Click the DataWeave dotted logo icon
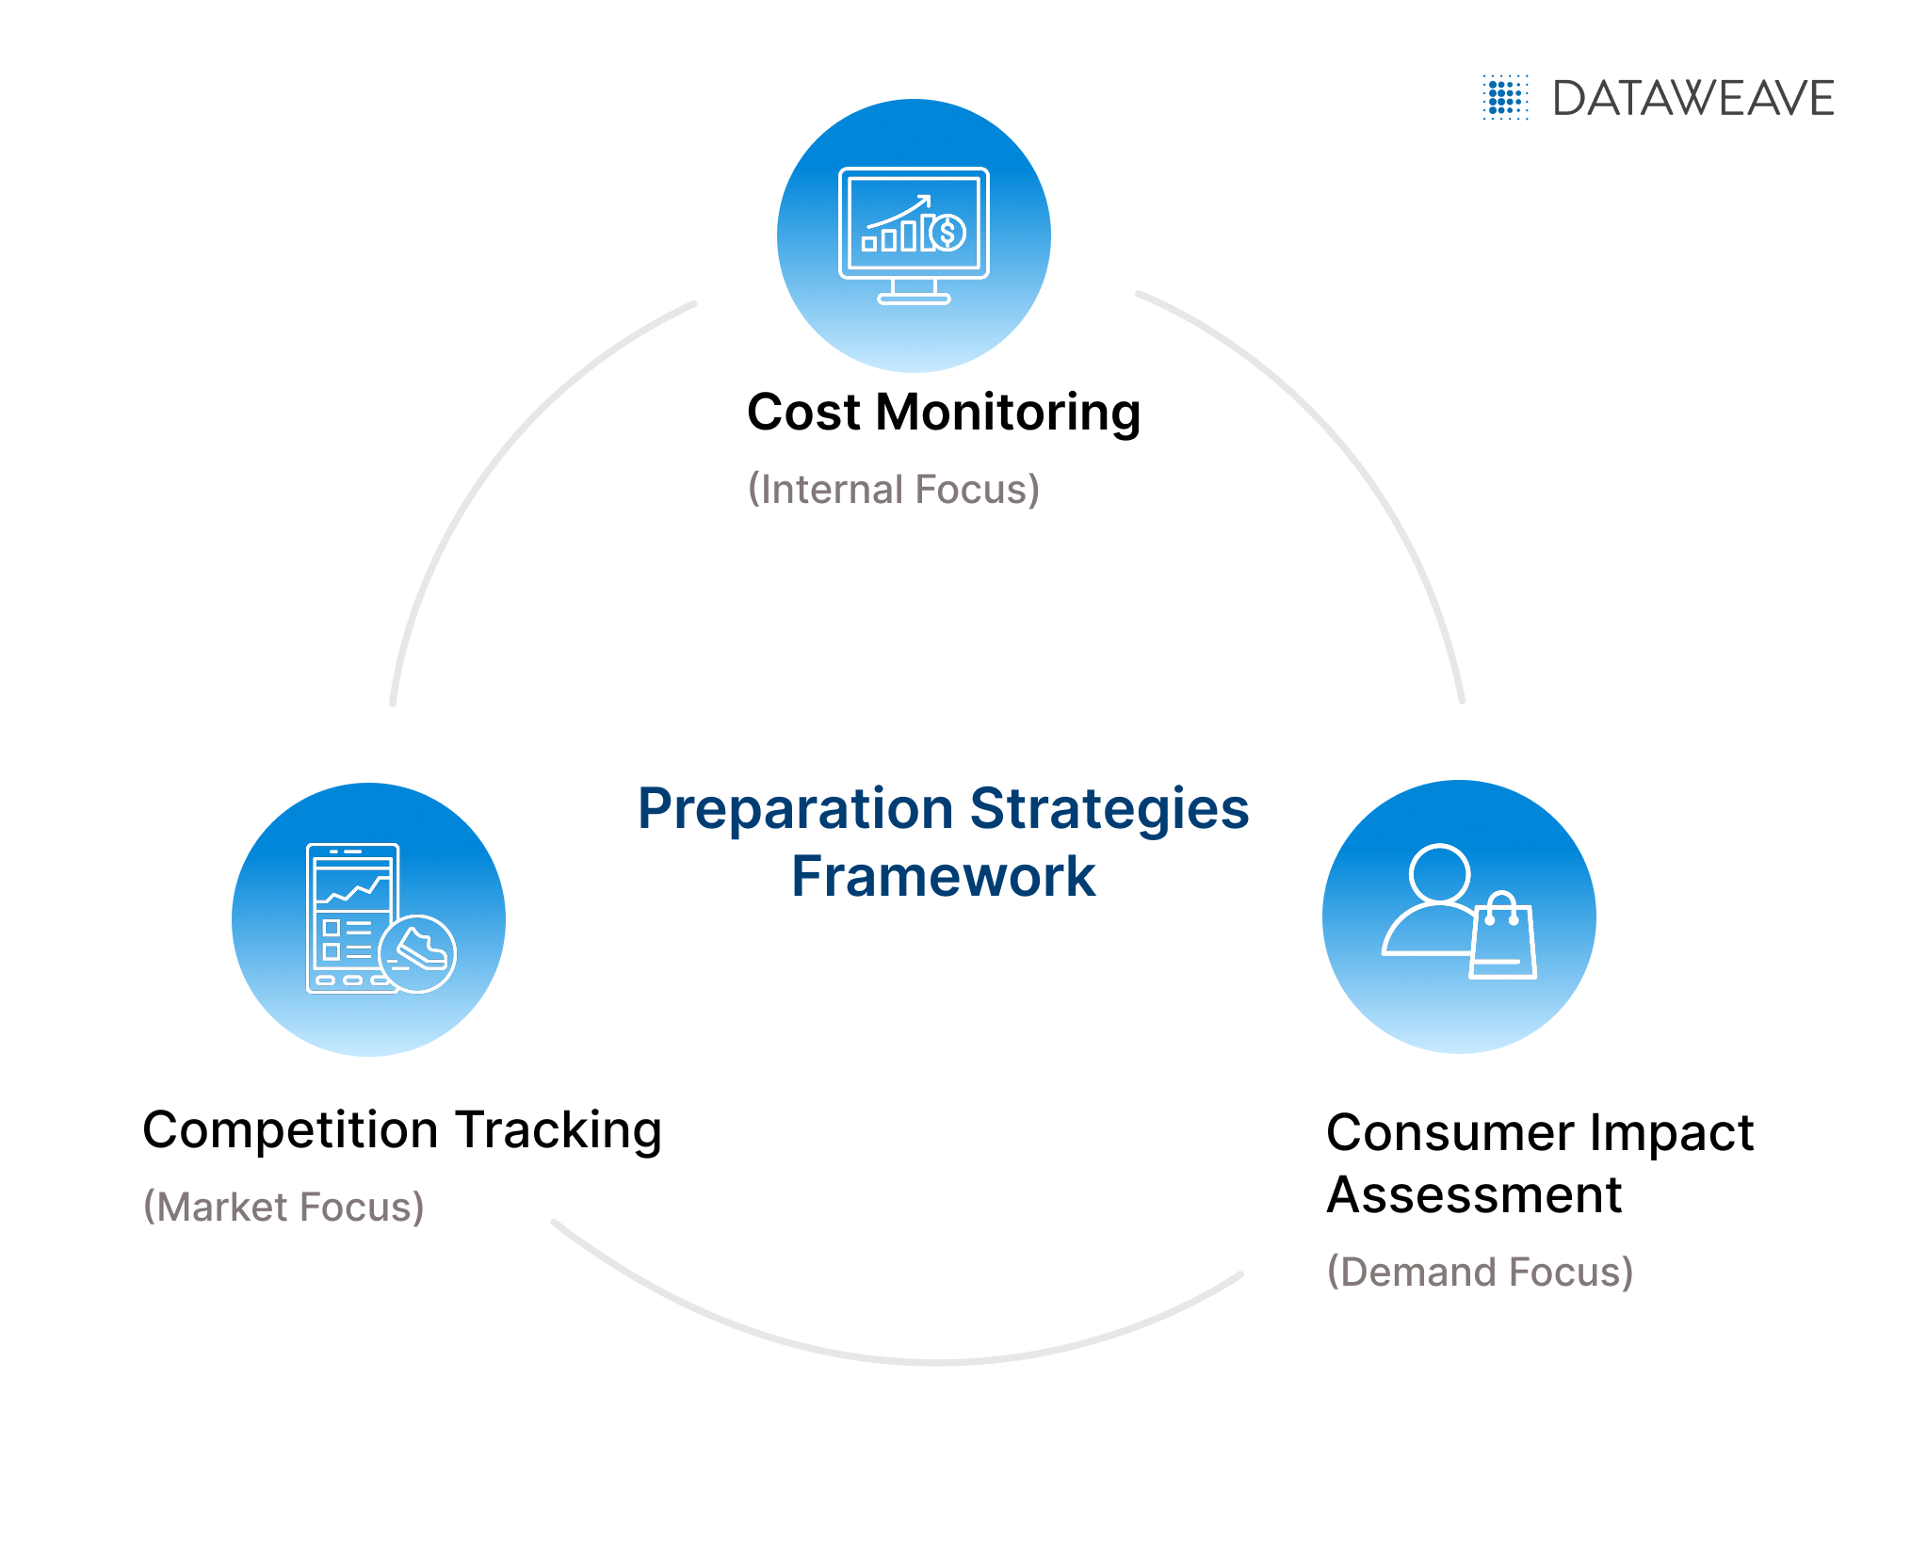pos(1505,98)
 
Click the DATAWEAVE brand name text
pos(1693,99)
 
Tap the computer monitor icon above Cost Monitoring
pos(914,235)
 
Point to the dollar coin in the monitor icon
pos(947,232)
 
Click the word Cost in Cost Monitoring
pos(803,413)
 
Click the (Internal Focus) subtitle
pos(894,490)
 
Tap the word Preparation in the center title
pos(796,810)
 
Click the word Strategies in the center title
pos(1109,810)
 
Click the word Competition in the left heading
pos(290,1130)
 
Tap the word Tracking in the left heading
pos(559,1130)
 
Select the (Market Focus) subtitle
pos(283,1208)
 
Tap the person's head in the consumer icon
pos(1439,873)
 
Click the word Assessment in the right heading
pos(1474,1196)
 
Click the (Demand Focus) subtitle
pos(1480,1273)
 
